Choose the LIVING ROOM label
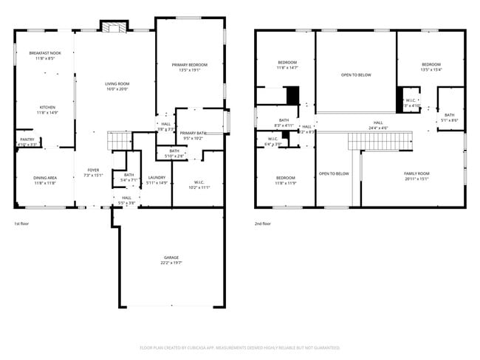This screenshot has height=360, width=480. coord(117,86)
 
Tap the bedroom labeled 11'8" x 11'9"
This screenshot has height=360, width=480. coord(286,179)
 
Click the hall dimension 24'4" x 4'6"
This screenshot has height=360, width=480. coord(378,128)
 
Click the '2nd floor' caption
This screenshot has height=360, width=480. coord(263,224)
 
